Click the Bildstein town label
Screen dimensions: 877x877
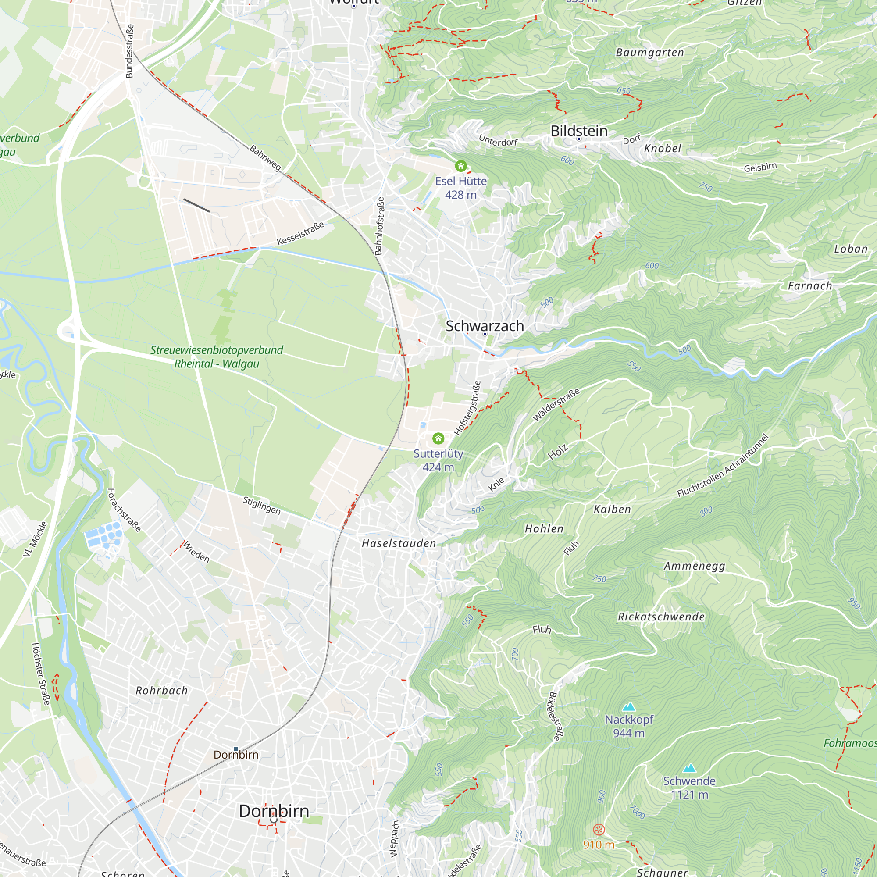[x=579, y=131]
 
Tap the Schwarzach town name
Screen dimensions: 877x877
[x=485, y=326]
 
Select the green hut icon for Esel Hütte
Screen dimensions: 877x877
[x=461, y=166]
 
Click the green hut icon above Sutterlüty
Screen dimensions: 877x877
[x=438, y=438]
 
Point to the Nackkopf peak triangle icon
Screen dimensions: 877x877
[x=629, y=707]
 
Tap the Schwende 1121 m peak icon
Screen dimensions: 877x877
[x=689, y=768]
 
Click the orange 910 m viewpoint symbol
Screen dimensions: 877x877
[x=599, y=830]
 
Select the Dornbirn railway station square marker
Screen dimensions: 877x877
[x=235, y=749]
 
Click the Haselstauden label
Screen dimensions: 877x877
[x=399, y=543]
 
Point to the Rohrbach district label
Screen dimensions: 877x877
[x=162, y=691]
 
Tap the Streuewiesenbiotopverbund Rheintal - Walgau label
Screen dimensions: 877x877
[x=217, y=357]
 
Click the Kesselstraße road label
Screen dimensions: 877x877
[x=300, y=233]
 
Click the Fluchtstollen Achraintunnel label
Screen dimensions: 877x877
[x=723, y=465]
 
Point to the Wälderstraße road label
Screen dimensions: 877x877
[x=556, y=405]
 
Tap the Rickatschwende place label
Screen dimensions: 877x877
[x=661, y=617]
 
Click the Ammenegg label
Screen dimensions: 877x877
[x=695, y=566]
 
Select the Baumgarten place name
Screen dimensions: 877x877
[x=649, y=53]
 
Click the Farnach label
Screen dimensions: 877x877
[x=810, y=286]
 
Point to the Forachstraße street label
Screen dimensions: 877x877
[x=124, y=510]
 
